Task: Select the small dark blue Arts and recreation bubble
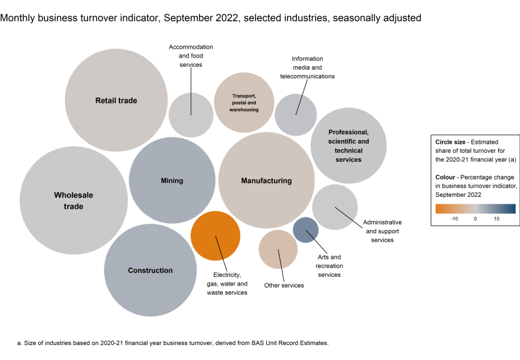pos(306,229)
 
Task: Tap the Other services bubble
pos(278,249)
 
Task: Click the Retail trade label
pos(116,101)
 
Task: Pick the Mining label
pos(172,181)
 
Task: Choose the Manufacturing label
pos(266,181)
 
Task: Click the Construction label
pos(150,271)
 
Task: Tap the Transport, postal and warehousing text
pos(244,102)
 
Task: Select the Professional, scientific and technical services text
pos(349,146)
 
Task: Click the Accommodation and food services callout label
pos(191,56)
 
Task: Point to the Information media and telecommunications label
pos(307,67)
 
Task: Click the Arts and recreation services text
pos(329,266)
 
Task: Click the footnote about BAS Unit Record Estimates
pos(172,342)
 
